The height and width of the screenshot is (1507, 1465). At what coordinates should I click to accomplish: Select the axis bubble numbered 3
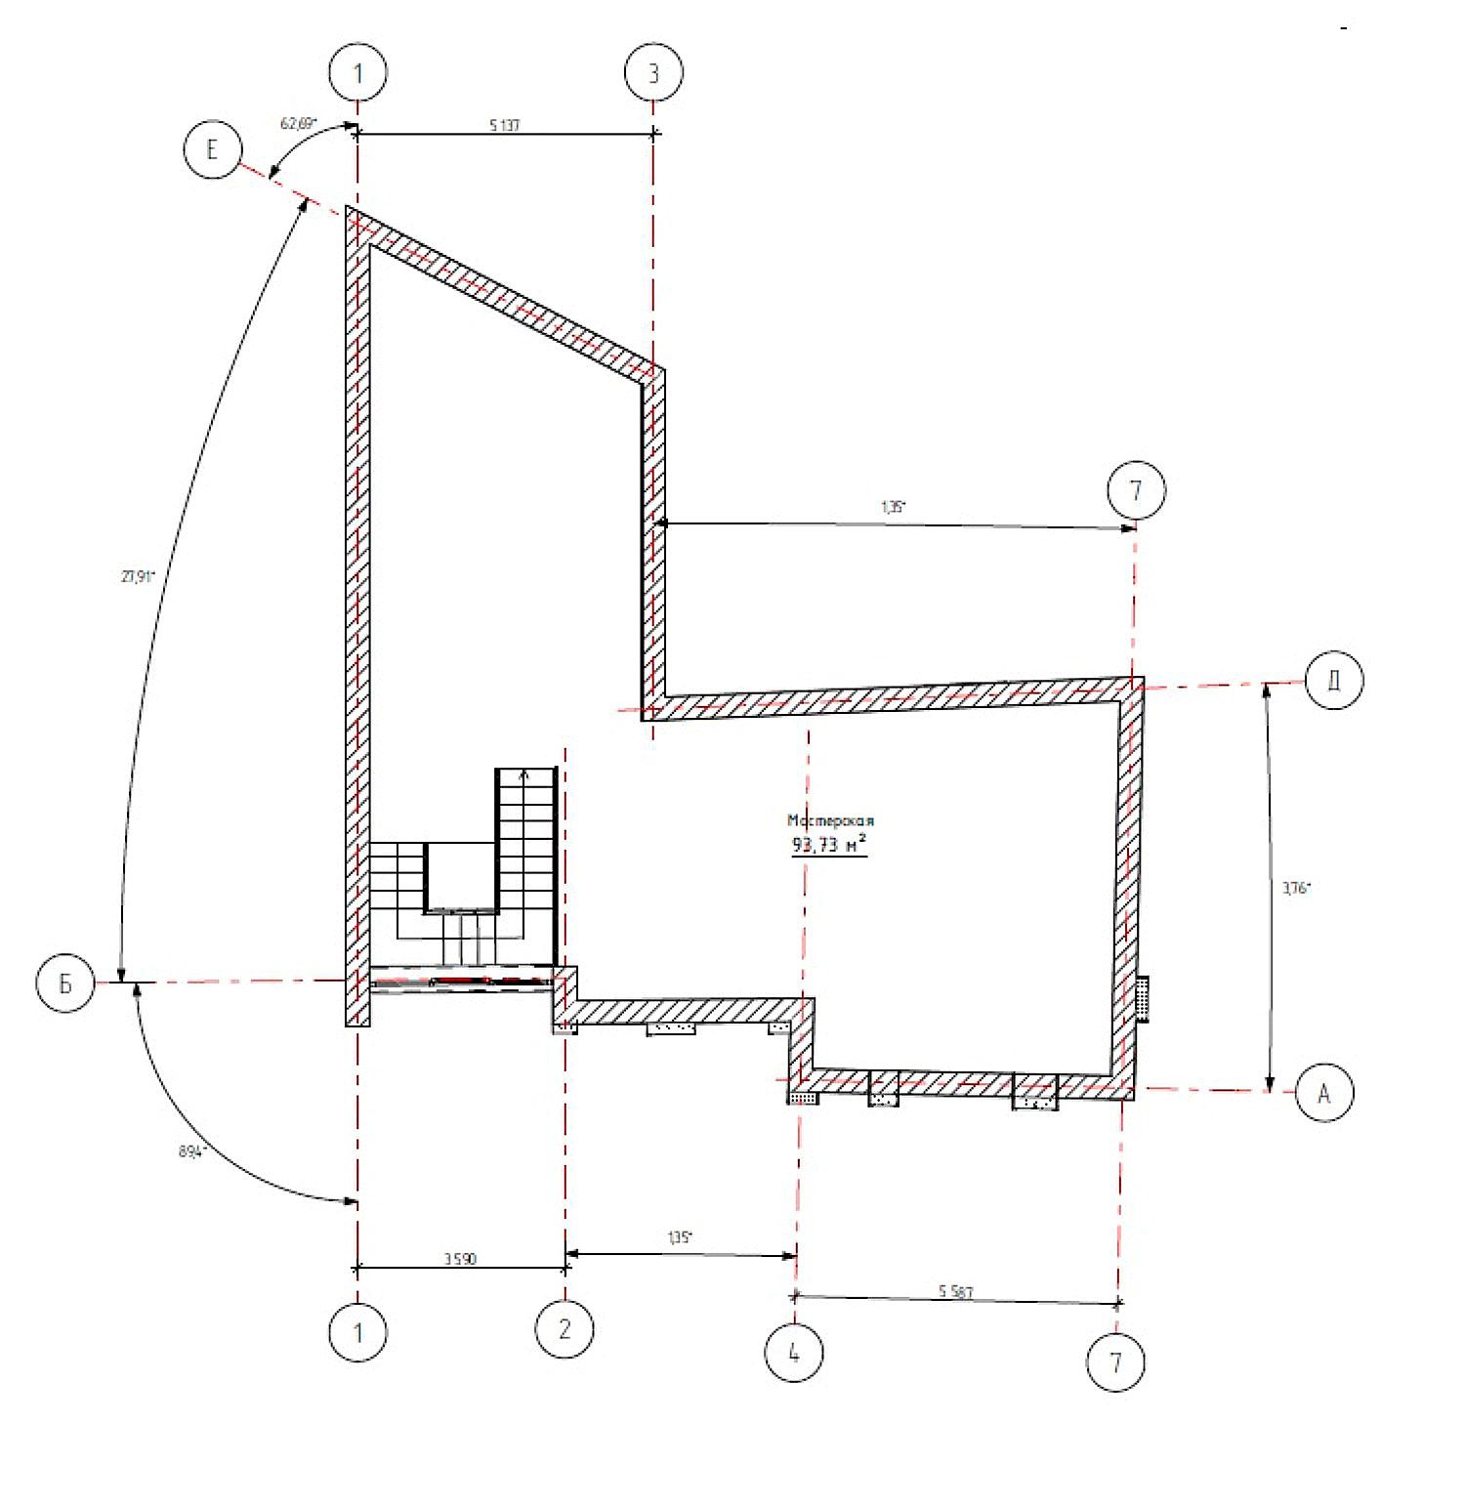[653, 73]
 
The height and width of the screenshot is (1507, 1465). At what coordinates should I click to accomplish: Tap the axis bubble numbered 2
[565, 1329]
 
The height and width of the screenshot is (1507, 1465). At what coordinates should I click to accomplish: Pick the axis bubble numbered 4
[794, 1354]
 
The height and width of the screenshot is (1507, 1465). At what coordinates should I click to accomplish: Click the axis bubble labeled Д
[1333, 681]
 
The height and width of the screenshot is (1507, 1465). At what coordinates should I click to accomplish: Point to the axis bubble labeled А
[1324, 1094]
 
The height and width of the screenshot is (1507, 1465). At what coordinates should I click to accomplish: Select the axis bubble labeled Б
[65, 984]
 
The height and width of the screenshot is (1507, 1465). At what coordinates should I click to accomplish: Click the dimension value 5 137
[504, 125]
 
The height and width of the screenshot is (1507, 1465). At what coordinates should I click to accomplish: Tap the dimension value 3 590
[459, 1260]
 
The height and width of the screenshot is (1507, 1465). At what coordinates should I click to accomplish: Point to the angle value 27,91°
[138, 576]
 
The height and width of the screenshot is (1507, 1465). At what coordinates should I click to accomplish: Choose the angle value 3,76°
[1296, 889]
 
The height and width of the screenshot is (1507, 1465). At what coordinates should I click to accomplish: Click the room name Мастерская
[830, 821]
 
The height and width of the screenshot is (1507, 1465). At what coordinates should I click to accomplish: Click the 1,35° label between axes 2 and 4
[680, 1237]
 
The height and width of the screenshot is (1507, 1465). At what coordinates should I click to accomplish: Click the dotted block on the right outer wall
[1142, 998]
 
